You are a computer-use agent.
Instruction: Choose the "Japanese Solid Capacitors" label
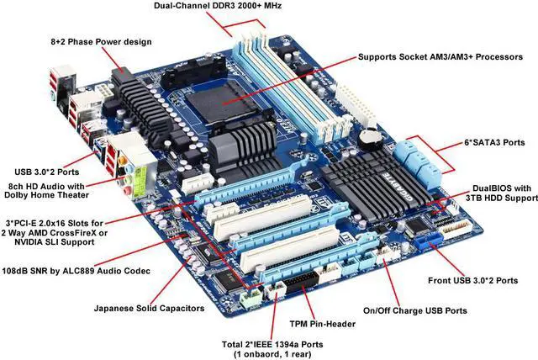pyautogui.click(x=149, y=309)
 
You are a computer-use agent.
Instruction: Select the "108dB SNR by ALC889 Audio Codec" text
pyautogui.click(x=76, y=271)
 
